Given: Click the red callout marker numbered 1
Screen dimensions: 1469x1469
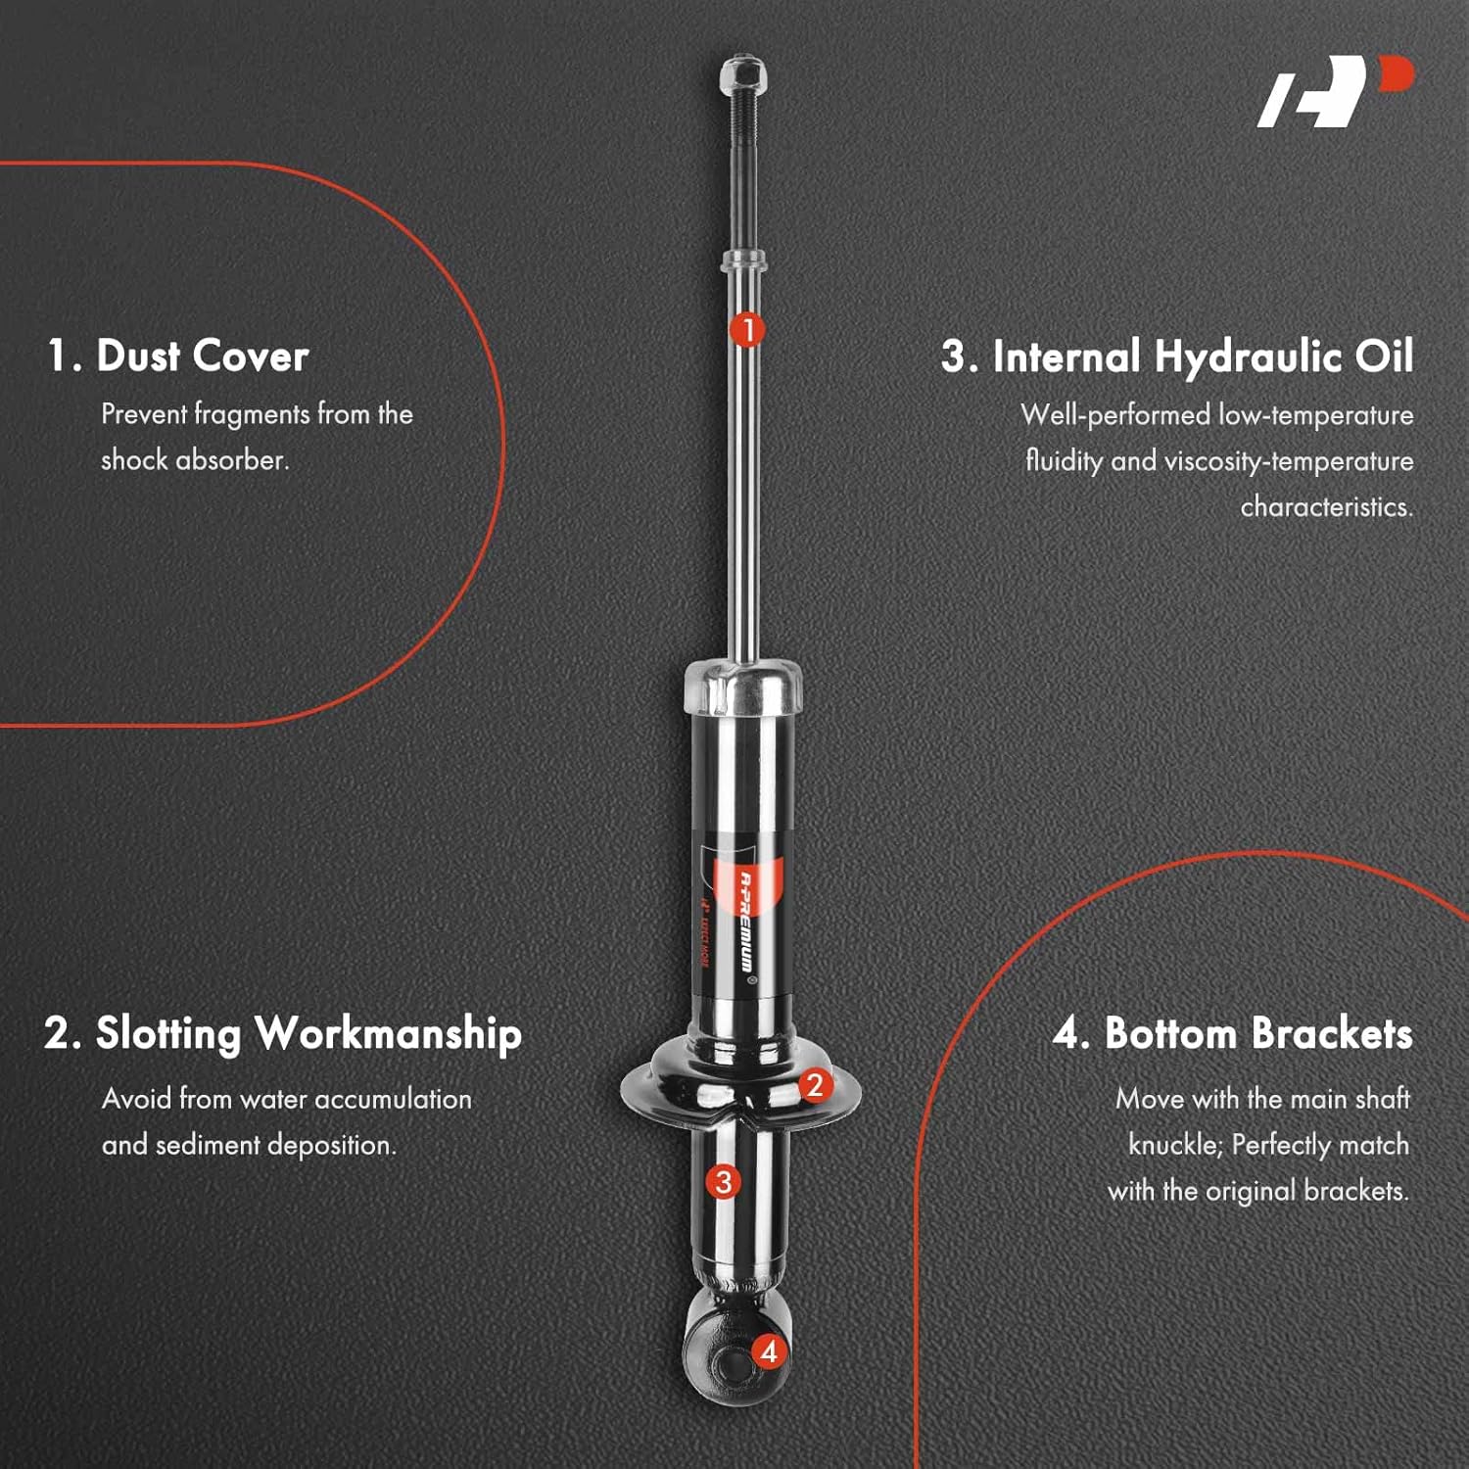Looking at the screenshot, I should coord(747,330).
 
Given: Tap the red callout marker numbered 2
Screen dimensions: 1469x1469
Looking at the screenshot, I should coord(814,1084).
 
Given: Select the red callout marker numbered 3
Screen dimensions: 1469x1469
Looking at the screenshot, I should coord(723,1182).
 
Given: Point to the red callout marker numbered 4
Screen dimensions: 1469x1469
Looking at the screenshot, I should coord(769,1352).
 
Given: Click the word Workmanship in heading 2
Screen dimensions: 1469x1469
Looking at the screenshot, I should coord(388,1034).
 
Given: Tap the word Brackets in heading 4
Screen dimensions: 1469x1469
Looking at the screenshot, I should coord(1332,1034).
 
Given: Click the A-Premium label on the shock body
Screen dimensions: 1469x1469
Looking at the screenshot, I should coord(747,921).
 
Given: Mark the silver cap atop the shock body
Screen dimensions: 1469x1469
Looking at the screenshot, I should coord(743,686).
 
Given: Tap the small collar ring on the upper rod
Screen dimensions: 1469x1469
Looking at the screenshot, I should coord(743,261).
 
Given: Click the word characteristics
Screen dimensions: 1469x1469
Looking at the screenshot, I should coord(1326,507).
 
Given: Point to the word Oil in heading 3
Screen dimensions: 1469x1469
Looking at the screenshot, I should coord(1384,356).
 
